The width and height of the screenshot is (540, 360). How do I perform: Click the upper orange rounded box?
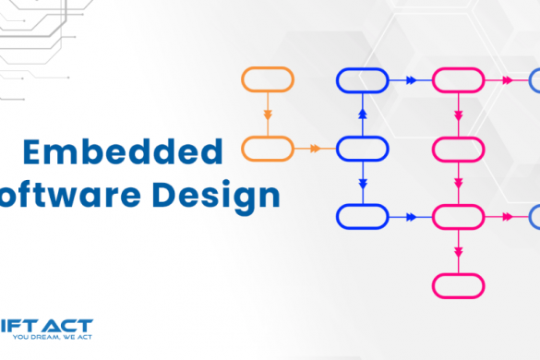pos(268,79)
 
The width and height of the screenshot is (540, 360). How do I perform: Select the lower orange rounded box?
pos(268,148)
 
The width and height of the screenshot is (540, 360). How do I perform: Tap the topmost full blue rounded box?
pos(362,80)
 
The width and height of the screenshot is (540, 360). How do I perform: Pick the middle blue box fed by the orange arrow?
pos(362,148)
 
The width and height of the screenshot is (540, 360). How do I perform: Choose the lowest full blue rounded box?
pos(362,217)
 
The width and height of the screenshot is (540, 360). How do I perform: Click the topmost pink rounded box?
pos(459,80)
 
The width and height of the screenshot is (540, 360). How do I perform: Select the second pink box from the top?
pos(459,148)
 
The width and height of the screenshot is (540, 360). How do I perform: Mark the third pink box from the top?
pos(459,217)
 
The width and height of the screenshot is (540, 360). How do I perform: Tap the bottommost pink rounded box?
pos(459,285)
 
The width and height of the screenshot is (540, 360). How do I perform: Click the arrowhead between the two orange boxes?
pos(268,115)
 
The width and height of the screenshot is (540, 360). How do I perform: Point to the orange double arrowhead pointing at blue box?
pos(316,148)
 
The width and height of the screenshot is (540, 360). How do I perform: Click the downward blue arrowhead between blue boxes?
pos(362,182)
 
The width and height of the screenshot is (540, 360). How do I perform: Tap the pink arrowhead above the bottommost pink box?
pos(459,251)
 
